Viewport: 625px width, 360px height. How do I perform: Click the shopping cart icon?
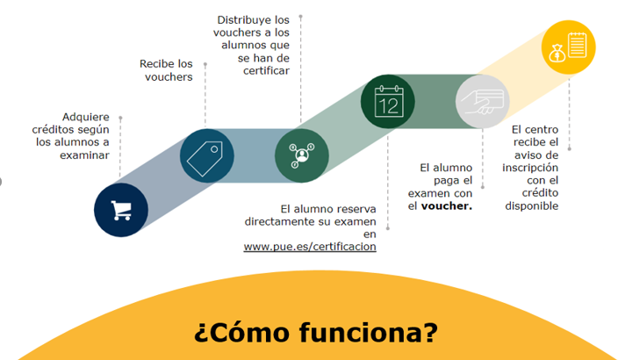[121, 210]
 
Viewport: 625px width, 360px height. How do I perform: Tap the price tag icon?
[205, 158]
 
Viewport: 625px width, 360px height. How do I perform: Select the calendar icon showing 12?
[389, 101]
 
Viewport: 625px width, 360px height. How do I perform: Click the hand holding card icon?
[482, 102]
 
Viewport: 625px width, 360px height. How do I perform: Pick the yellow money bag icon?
[557, 54]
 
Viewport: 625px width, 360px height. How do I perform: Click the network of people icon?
[302, 155]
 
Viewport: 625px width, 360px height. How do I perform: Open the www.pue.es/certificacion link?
[310, 247]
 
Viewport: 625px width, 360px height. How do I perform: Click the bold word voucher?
[447, 206]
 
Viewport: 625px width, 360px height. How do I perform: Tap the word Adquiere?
[86, 117]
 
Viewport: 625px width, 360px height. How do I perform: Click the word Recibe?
[157, 64]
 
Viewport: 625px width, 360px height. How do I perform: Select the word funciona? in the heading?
[369, 332]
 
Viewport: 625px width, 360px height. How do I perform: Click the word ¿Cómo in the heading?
[242, 333]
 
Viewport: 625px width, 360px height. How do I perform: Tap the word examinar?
[84, 155]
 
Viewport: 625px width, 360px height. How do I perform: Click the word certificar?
[266, 71]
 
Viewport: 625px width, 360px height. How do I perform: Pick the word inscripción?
[530, 168]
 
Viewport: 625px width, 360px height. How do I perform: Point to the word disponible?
[532, 206]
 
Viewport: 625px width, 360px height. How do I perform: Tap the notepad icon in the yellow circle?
[578, 45]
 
